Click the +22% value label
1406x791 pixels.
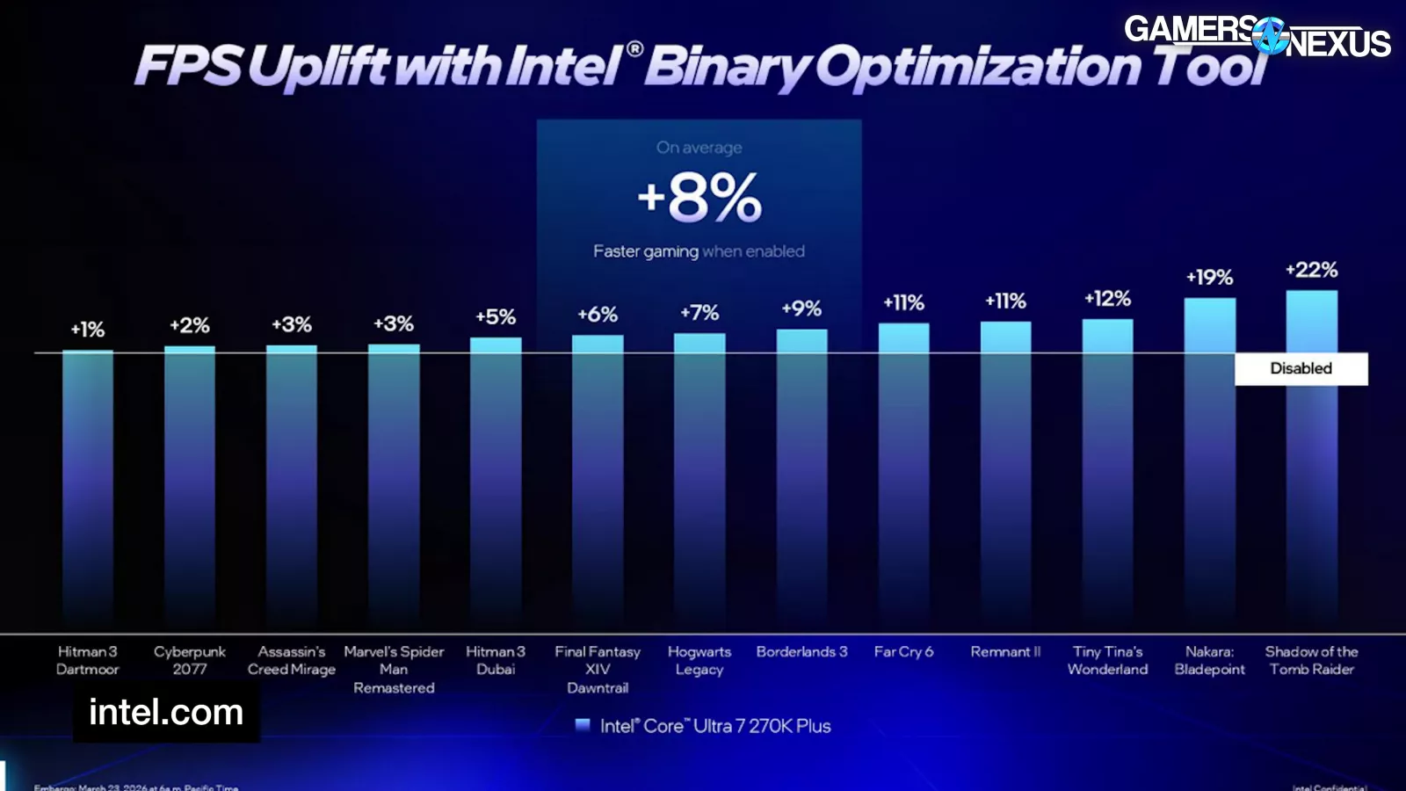click(x=1311, y=270)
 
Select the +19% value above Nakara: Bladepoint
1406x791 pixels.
click(x=1209, y=278)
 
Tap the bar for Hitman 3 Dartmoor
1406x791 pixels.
click(x=88, y=483)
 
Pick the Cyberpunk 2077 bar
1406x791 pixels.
click(x=190, y=483)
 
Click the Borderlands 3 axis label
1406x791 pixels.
click(x=801, y=652)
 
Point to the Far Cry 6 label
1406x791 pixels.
click(x=903, y=652)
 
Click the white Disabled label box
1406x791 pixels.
click(x=1301, y=369)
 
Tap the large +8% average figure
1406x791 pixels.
click(x=699, y=198)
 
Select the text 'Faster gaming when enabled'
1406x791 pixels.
click(x=699, y=251)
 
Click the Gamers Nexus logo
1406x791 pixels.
click(x=1257, y=36)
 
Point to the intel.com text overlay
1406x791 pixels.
click(x=166, y=713)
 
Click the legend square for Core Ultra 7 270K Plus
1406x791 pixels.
click(x=582, y=726)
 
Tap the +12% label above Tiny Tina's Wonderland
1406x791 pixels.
click(x=1107, y=299)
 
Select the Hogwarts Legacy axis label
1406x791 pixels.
click(x=699, y=661)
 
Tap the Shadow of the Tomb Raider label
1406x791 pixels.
click(x=1311, y=661)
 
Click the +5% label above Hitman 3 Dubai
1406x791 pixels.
click(x=496, y=317)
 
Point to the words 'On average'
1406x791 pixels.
click(x=699, y=148)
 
